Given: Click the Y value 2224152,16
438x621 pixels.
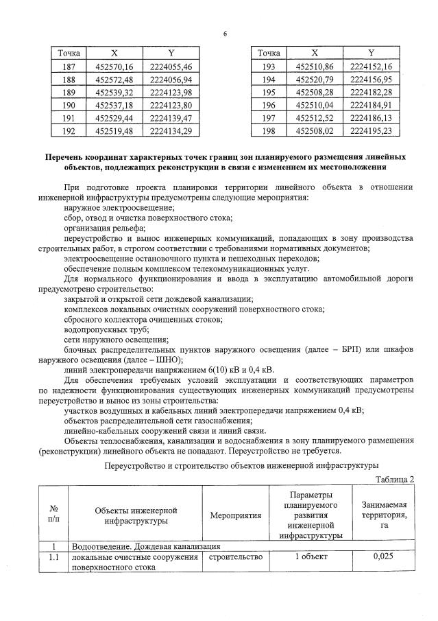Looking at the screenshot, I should [x=370, y=66].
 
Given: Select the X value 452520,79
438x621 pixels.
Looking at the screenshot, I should [x=315, y=79].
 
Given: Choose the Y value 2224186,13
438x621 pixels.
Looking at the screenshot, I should [x=370, y=117].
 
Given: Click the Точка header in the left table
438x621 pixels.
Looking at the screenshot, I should [x=69, y=53].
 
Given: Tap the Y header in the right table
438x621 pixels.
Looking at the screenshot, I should [x=370, y=53].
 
